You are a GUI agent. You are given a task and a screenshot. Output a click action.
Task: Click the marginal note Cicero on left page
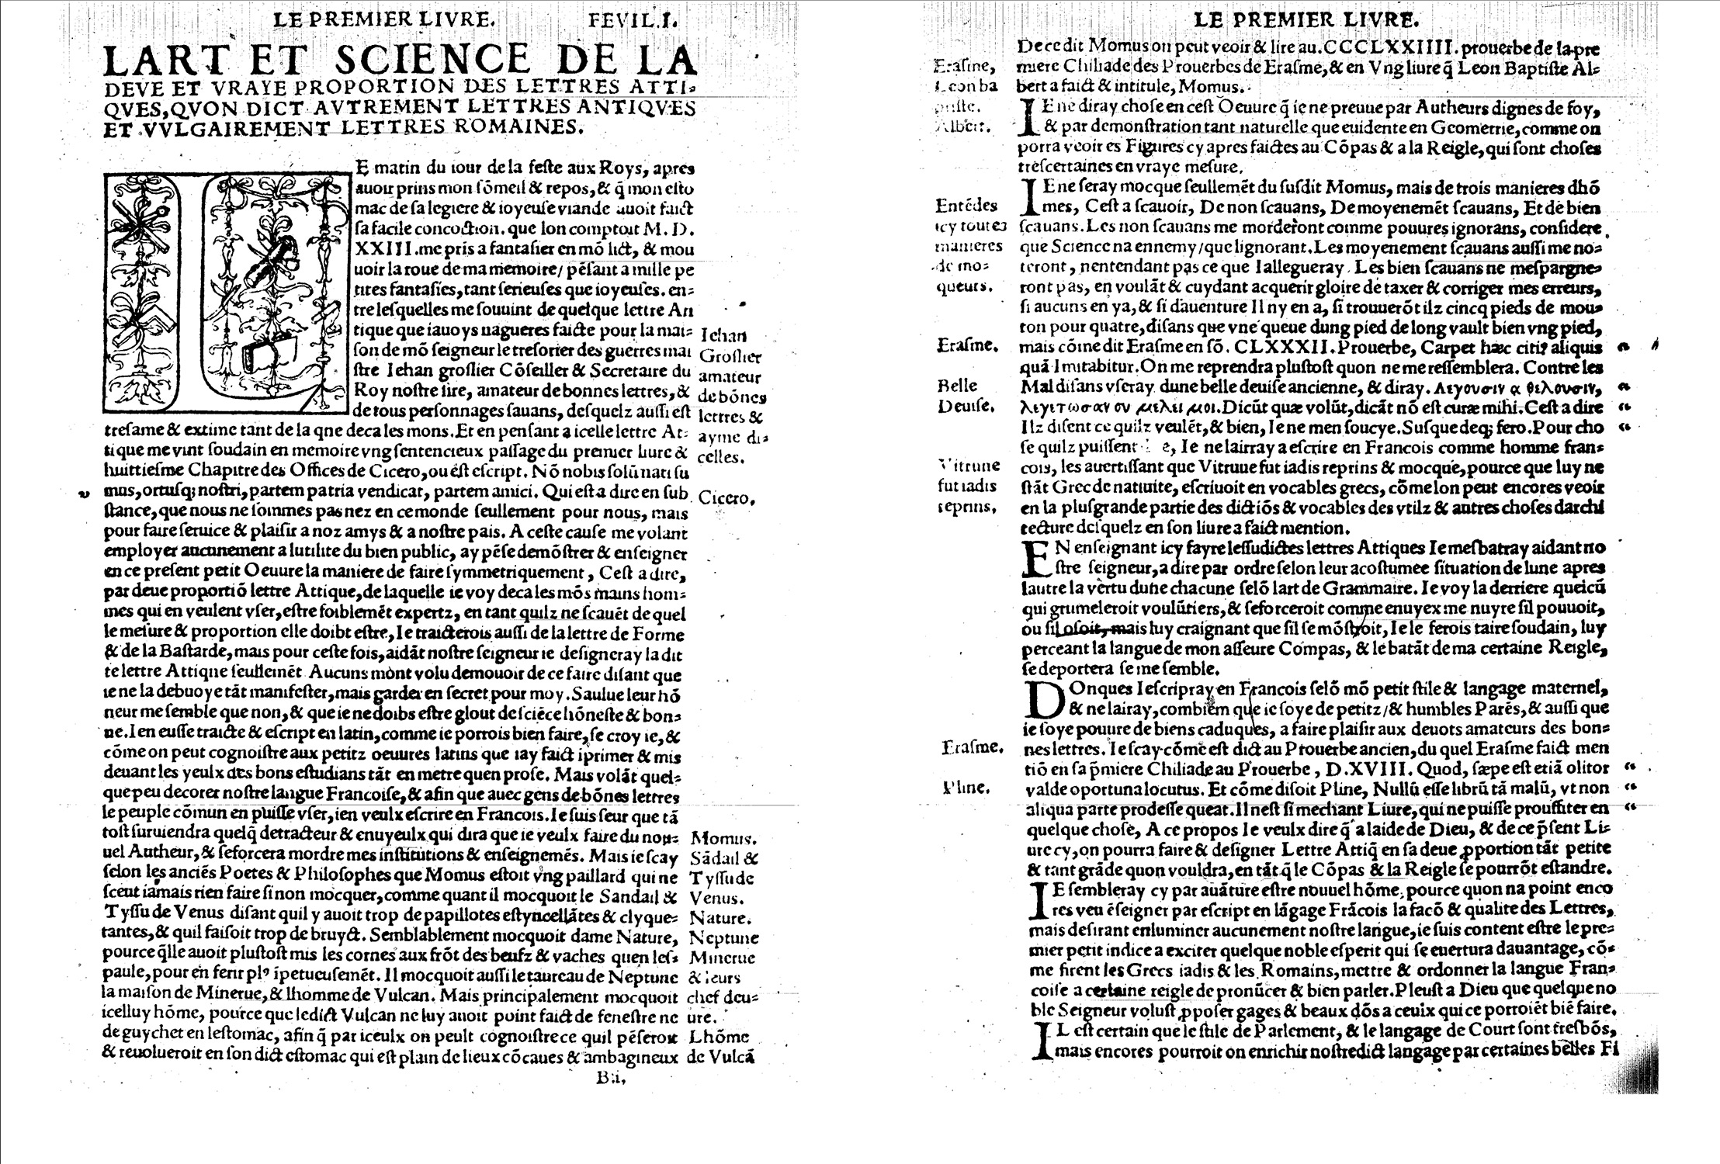tap(726, 498)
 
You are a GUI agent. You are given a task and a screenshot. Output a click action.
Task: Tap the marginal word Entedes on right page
tap(966, 206)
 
